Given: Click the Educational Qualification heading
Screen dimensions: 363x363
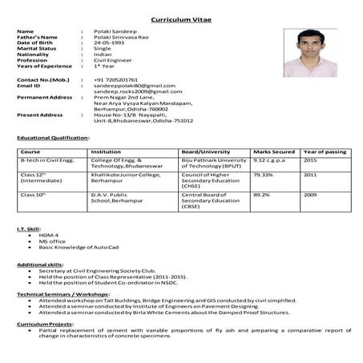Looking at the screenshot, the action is [x=53, y=137].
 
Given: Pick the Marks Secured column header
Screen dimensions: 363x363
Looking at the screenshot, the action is [x=273, y=151].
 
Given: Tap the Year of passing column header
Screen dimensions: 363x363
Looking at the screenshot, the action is [x=325, y=151].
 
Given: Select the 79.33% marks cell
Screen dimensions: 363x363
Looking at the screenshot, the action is [x=264, y=174].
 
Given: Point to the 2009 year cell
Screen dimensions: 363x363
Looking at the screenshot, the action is [x=310, y=193].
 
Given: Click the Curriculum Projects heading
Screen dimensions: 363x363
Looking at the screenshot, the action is [x=44, y=323].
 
